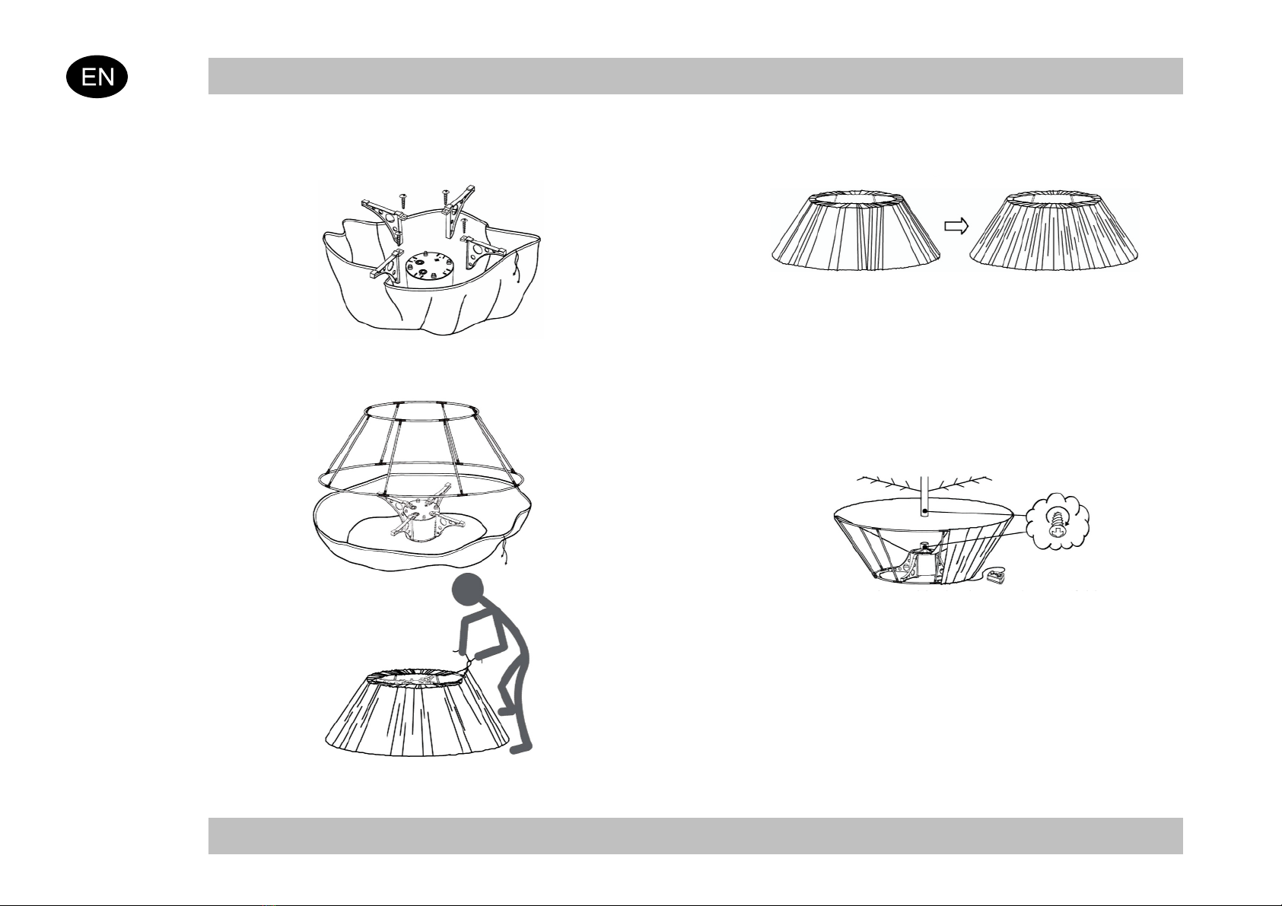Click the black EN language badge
click(97, 76)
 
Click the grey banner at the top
click(695, 75)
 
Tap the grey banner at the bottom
click(695, 835)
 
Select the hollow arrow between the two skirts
click(956, 226)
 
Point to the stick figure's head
click(468, 590)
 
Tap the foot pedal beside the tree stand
click(997, 577)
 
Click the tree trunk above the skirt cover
click(924, 497)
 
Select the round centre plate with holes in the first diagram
click(429, 266)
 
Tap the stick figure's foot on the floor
click(521, 747)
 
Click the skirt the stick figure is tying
click(417, 712)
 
